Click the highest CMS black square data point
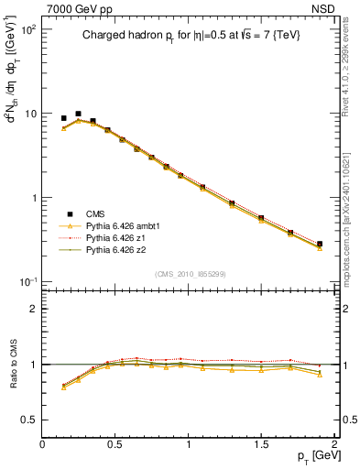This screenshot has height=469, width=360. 78,114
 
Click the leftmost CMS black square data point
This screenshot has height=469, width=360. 63,118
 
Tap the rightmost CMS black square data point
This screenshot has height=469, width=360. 319,244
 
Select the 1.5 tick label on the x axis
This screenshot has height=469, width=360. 261,443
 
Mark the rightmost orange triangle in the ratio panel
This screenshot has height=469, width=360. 319,375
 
